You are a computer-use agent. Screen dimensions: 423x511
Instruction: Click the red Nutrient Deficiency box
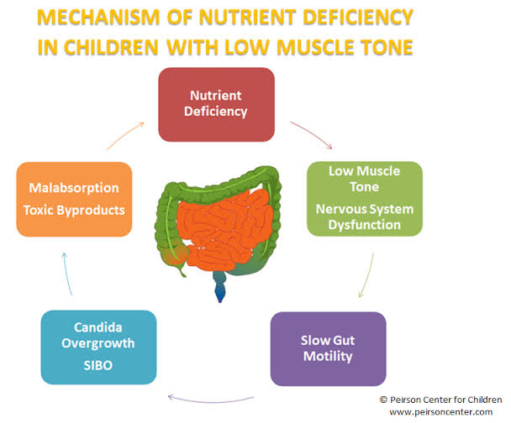click(x=217, y=104)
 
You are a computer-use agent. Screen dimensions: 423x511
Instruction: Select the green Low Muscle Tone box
click(x=365, y=197)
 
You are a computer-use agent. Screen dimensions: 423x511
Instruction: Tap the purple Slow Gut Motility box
click(x=328, y=348)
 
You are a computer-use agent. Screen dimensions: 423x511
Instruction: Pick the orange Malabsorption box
click(x=74, y=199)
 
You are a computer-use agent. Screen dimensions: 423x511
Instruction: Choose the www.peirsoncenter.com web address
click(x=438, y=412)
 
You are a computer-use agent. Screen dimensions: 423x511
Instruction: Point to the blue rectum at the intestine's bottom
click(x=220, y=291)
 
